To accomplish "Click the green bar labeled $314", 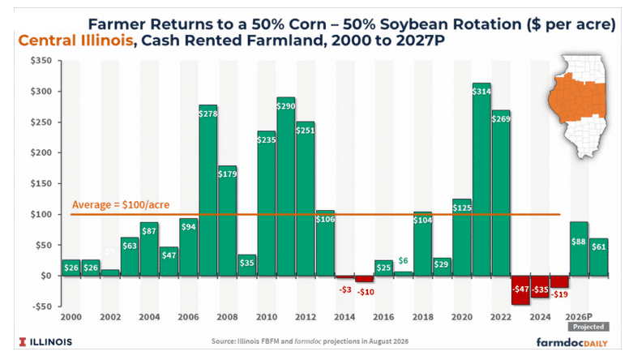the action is pyautogui.click(x=481, y=179).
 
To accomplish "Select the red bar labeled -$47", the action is pyautogui.click(x=520, y=290).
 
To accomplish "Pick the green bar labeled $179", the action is pyautogui.click(x=228, y=221).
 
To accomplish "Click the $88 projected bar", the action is pyautogui.click(x=579, y=249).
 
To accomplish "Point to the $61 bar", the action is pyautogui.click(x=598, y=257).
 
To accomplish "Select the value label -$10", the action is pyautogui.click(x=366, y=292).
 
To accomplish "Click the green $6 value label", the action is pyautogui.click(x=403, y=261).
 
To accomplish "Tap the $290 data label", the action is pyautogui.click(x=286, y=106).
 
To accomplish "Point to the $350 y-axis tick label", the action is pyautogui.click(x=41, y=61).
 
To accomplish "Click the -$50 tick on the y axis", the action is pyautogui.click(x=41, y=306).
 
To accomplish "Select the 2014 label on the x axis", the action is pyautogui.click(x=344, y=317).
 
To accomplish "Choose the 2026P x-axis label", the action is pyautogui.click(x=579, y=317).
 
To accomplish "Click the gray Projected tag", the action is pyautogui.click(x=588, y=327).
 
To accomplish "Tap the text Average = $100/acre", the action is pyautogui.click(x=121, y=204).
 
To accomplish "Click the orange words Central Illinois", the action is pyautogui.click(x=76, y=41).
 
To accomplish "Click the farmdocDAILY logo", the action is pyautogui.click(x=572, y=342).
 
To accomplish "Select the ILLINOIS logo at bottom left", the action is pyautogui.click(x=45, y=342).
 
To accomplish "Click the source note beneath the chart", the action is pyautogui.click(x=310, y=341).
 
